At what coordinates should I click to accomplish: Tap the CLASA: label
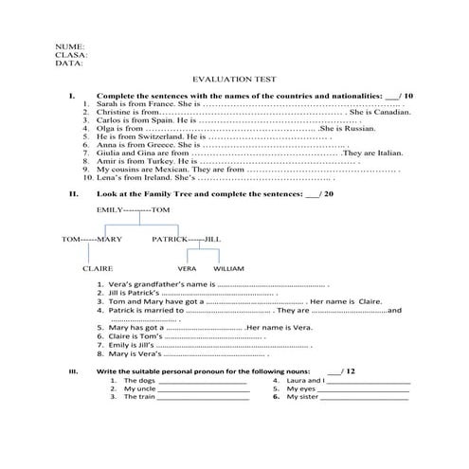(72, 54)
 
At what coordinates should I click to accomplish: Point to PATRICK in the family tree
(170, 240)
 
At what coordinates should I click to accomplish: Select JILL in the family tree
(211, 240)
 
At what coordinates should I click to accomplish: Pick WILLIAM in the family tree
(228, 269)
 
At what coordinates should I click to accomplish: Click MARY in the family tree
(109, 240)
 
